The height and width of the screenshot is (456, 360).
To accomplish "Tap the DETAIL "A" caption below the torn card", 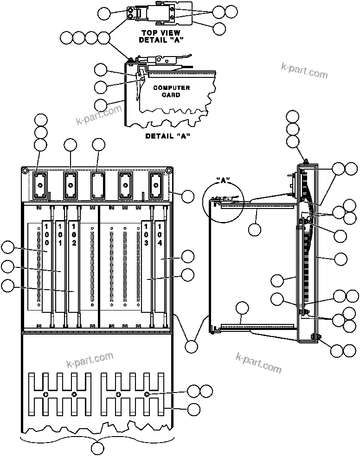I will coord(168,136).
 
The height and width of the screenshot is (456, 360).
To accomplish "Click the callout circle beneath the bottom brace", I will coord(98,448).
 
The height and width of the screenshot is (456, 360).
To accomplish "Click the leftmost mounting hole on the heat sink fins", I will coord(45,394).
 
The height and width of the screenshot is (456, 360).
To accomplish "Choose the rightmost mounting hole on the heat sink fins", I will coord(147,394).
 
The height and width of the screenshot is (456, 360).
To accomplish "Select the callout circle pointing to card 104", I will coord(188,256).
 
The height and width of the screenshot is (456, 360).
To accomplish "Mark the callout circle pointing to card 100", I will coord(8,247).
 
